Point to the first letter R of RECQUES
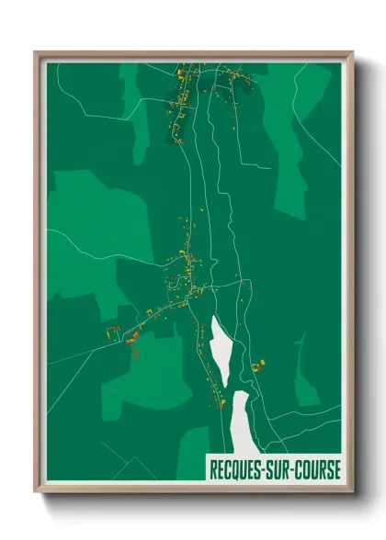(x=213, y=469)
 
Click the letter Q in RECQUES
(x=238, y=469)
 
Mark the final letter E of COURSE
(x=336, y=469)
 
